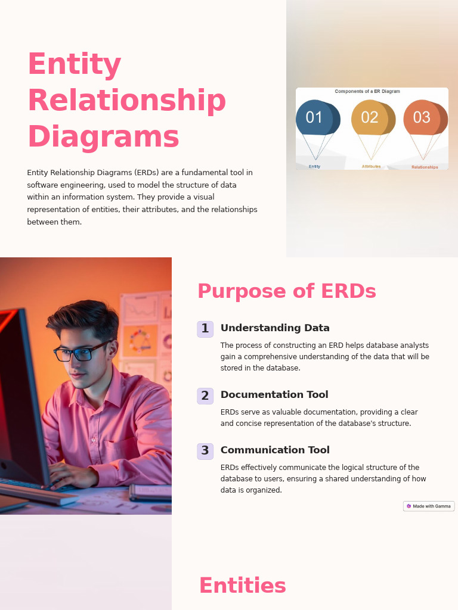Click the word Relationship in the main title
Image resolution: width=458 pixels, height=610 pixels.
(x=126, y=101)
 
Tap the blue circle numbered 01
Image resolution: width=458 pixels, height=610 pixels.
(x=314, y=117)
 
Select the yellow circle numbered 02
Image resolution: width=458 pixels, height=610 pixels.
(x=370, y=117)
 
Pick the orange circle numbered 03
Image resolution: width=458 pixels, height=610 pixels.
(x=422, y=117)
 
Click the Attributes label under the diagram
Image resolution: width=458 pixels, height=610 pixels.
(x=371, y=167)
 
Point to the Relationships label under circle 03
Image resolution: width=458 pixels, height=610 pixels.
(x=425, y=167)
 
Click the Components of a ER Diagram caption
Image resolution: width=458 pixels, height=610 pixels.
(x=367, y=92)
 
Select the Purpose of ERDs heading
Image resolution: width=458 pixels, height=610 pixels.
(x=286, y=291)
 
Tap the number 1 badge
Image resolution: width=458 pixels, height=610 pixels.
(x=205, y=329)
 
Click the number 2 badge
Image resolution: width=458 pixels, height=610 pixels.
(x=205, y=396)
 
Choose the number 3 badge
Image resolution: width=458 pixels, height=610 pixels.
(x=205, y=451)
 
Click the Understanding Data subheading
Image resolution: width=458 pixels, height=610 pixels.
(x=275, y=328)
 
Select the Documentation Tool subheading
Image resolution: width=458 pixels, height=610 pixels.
(x=274, y=395)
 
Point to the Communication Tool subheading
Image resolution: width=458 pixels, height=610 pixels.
(x=275, y=450)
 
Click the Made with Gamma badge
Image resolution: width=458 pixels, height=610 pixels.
(x=429, y=506)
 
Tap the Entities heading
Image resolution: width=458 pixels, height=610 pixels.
(x=242, y=586)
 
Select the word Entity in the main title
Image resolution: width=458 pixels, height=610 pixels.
(x=75, y=64)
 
